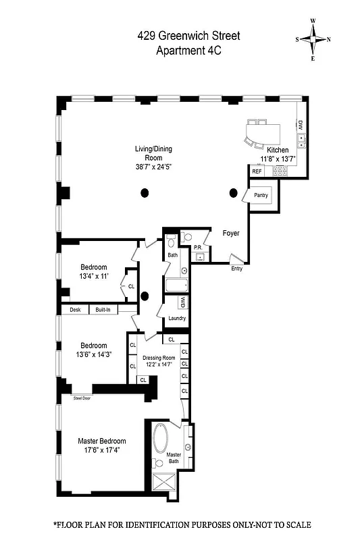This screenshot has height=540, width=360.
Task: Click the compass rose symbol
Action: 314,39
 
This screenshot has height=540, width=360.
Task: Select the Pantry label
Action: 261,195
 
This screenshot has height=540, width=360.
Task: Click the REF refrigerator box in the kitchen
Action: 257,172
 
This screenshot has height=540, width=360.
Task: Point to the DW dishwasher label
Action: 300,126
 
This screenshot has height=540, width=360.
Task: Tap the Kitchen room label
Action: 278,150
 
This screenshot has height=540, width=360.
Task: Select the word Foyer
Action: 232,233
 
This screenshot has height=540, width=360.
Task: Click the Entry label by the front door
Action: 236,269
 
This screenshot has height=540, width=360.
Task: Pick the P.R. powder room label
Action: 199,248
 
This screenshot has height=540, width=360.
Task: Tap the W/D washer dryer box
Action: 182,302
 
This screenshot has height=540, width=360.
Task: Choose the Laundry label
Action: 177,318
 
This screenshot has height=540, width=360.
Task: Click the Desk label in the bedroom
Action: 74,310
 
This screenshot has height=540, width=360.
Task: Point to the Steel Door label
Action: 82,399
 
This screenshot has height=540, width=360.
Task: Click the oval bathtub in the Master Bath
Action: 162,439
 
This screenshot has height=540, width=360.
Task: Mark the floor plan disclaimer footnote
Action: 182,524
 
